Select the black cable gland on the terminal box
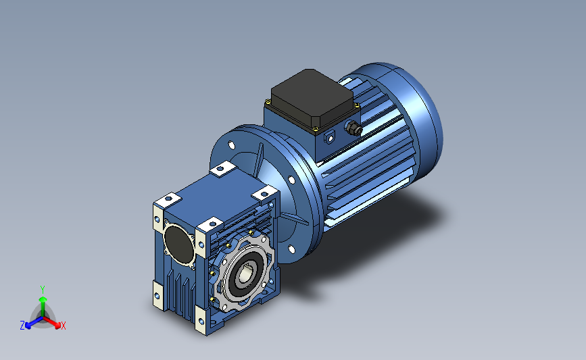coord(353,127)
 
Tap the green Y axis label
coord(42,288)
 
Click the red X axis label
coord(64,326)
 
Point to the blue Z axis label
coord(22,326)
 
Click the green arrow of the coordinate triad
coord(42,301)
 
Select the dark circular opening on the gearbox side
coord(178,243)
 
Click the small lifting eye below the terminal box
coord(331,138)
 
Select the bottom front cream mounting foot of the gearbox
coord(202,318)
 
